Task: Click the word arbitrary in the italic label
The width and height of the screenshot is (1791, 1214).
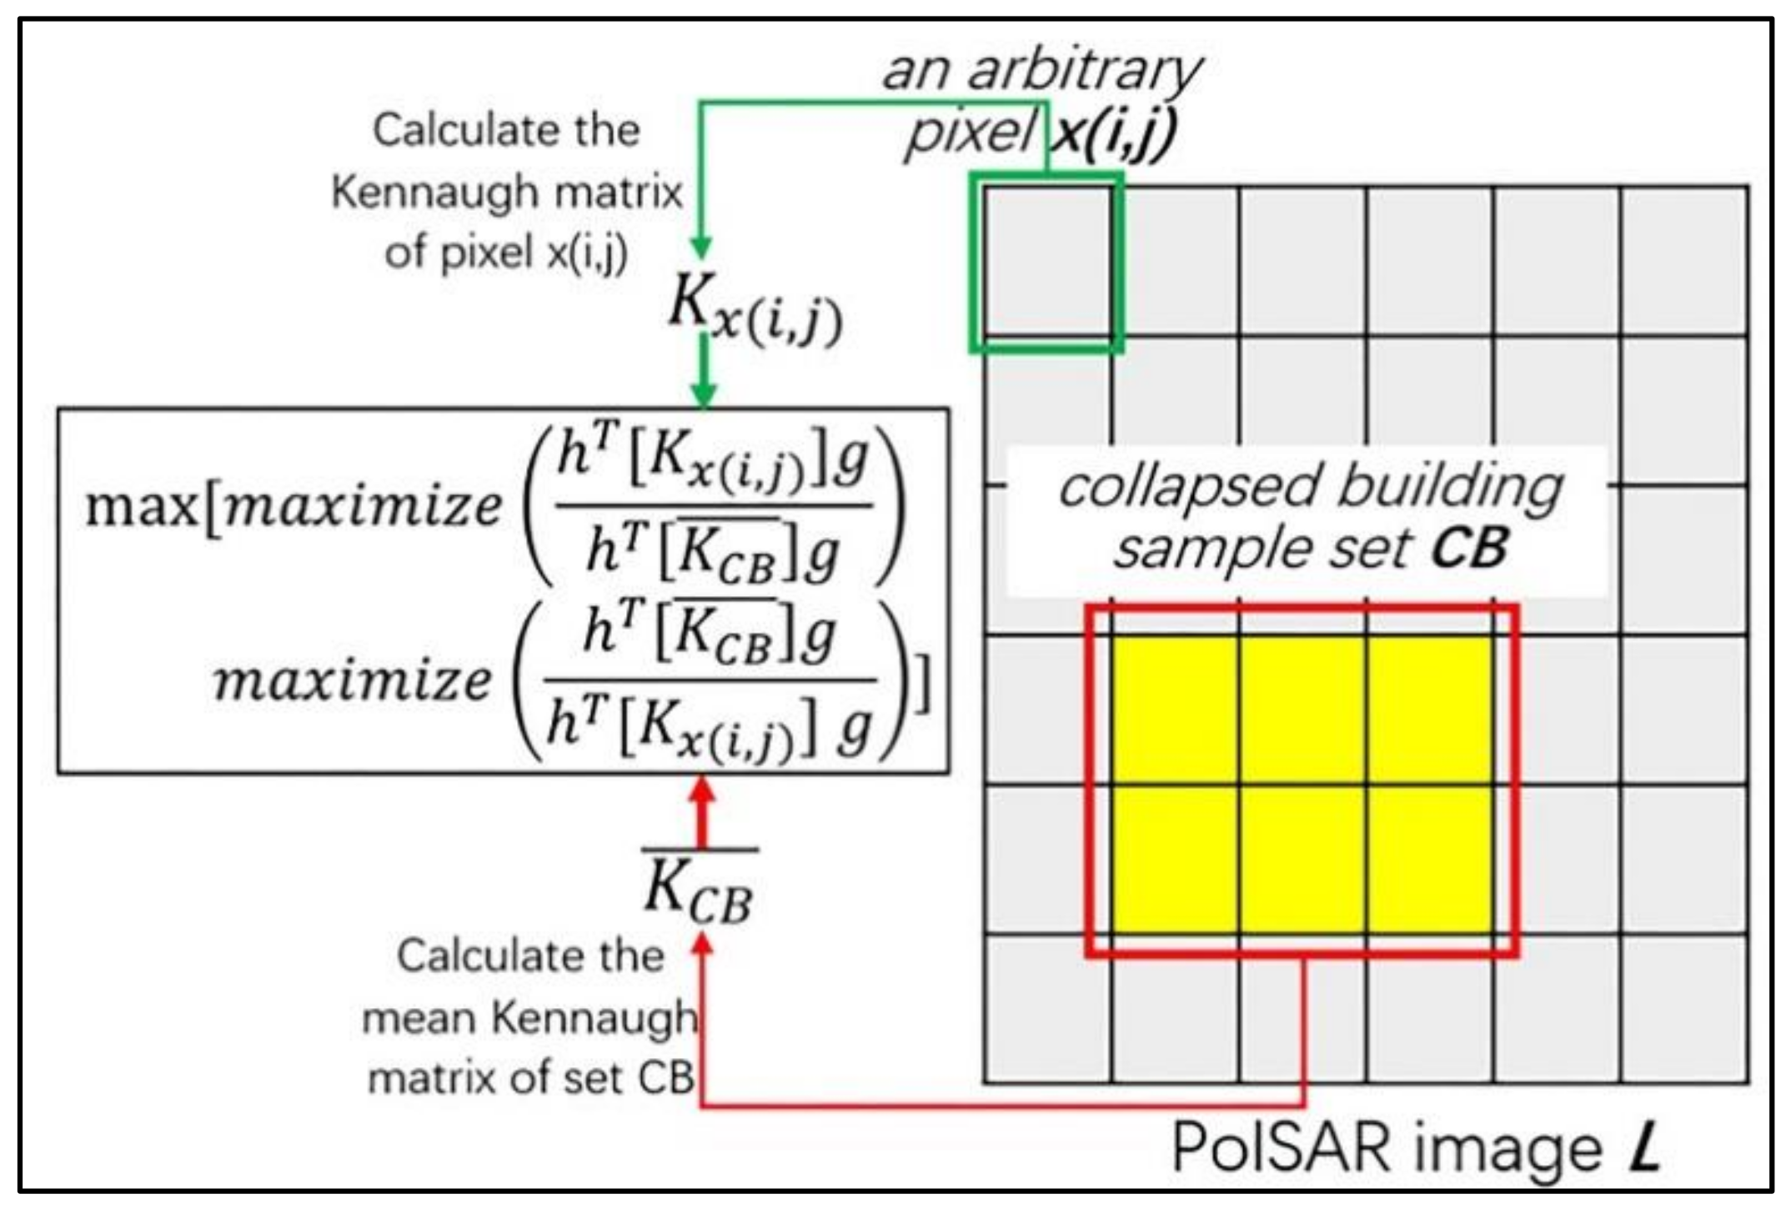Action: coord(1083,70)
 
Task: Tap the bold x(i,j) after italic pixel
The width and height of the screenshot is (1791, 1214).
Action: coord(1113,133)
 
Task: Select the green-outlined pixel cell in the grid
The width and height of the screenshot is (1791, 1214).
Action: coord(1046,262)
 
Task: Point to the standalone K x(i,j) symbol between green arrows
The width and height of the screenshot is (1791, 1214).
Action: coord(755,309)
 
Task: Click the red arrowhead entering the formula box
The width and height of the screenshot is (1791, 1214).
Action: coord(702,790)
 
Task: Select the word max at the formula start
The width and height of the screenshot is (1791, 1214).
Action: coord(141,505)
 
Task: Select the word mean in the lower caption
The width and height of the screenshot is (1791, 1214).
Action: coord(420,1018)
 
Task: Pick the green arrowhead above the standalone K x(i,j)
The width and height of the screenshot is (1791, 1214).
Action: coord(701,248)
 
